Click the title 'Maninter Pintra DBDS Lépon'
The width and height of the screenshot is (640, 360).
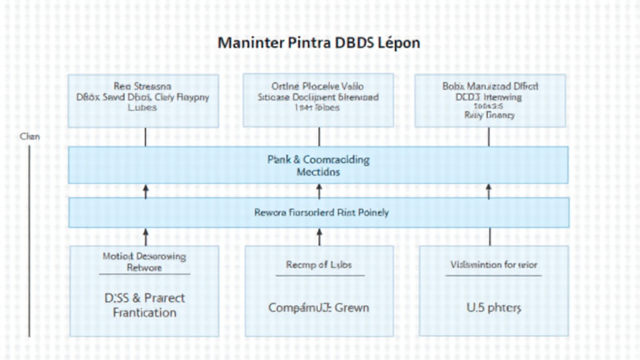tap(319, 44)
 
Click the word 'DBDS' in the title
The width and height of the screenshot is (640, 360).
tap(354, 44)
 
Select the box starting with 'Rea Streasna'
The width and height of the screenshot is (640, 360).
tap(143, 101)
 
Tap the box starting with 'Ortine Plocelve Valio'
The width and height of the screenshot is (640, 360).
tap(318, 100)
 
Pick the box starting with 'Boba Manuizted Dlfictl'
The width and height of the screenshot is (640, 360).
tap(490, 101)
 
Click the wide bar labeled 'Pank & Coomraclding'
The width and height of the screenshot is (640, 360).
tap(318, 165)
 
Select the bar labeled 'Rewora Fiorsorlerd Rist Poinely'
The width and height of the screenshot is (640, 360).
tap(318, 212)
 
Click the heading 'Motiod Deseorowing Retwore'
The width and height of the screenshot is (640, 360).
tap(144, 262)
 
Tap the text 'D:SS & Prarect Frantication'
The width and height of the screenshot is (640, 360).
tap(144, 305)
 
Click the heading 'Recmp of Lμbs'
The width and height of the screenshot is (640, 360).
tap(319, 264)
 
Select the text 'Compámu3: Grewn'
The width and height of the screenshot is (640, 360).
tap(319, 307)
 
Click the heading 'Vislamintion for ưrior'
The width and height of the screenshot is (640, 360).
tap(493, 264)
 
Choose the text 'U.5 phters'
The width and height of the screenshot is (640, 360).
tap(493, 307)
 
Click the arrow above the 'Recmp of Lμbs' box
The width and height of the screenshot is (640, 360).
tap(319, 236)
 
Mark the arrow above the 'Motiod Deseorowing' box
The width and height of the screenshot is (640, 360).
tap(146, 236)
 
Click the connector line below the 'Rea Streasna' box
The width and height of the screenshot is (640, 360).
tap(146, 137)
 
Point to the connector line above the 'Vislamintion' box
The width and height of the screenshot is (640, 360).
tap(489, 236)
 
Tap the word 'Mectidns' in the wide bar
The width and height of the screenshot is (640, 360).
tap(318, 171)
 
